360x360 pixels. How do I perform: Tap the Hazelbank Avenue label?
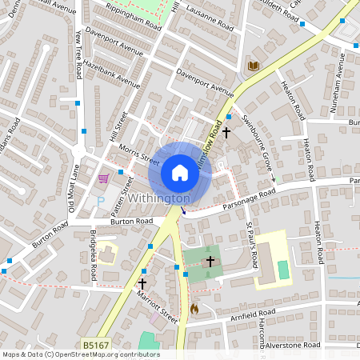pos(111,73)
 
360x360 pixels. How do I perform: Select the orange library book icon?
pos(254,66)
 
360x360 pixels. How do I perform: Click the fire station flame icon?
pos(194,307)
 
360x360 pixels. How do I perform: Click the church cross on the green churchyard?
pos(210,261)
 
